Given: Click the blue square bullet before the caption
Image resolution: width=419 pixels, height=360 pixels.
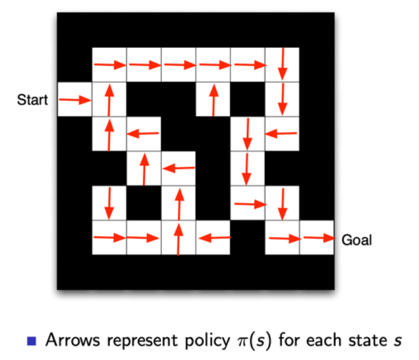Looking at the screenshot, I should click(31, 342).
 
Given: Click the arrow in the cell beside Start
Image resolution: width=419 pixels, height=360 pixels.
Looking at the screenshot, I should click(74, 100).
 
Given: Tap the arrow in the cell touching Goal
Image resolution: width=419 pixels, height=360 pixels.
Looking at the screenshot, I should click(317, 237).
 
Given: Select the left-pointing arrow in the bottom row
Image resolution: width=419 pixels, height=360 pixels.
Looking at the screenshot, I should click(213, 237).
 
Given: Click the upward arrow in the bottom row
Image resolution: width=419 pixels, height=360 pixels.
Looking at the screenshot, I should click(178, 237).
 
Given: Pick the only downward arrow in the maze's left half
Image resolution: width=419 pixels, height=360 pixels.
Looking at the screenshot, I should click(109, 202).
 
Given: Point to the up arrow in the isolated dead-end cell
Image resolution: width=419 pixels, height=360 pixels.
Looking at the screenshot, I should click(213, 99).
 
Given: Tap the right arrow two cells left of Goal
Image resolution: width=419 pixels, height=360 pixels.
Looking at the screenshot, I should click(282, 237).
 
